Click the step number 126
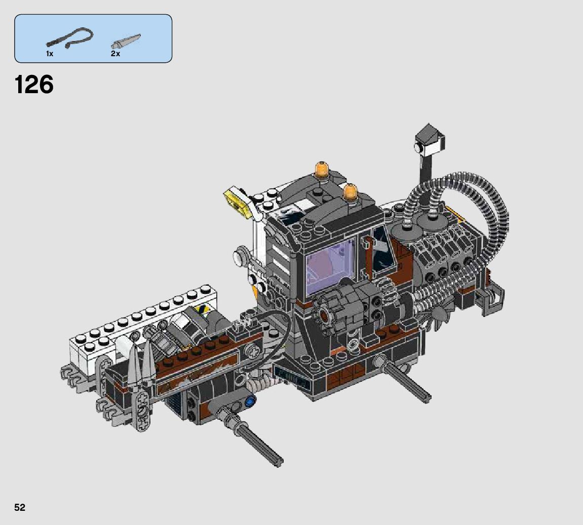(x=34, y=85)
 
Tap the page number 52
(x=20, y=507)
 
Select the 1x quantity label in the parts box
(x=50, y=54)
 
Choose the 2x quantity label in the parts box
(x=115, y=54)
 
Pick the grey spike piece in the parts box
(x=126, y=41)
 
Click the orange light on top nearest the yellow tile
(x=322, y=169)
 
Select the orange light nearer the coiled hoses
(x=351, y=192)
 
